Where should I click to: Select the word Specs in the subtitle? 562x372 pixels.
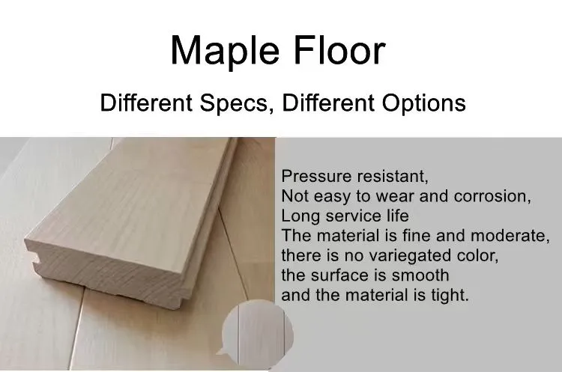tap(238, 103)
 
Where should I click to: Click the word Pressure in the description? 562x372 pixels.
tap(310, 177)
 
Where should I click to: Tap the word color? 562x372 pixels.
tap(477, 255)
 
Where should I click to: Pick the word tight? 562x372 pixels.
tap(447, 294)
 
